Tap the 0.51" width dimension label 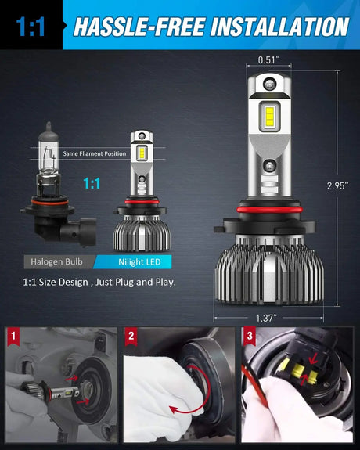point(268,59)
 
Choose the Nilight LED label point(133,261)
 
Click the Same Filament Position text point(93,153)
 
